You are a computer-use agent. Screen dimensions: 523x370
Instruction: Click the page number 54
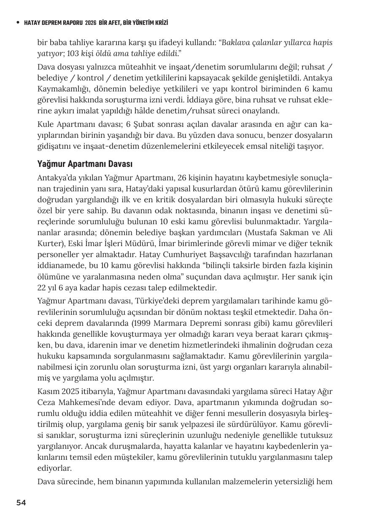click(21, 503)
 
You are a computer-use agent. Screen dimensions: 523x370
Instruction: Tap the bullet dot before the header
click(17, 23)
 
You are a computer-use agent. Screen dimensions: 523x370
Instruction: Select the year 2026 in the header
click(90, 23)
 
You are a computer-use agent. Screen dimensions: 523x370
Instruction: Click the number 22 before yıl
click(41, 288)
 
